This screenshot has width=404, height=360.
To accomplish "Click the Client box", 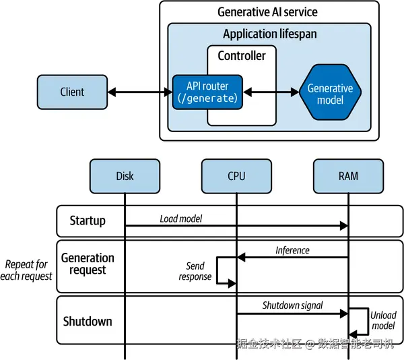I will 73,92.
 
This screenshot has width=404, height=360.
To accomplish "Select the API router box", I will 207,92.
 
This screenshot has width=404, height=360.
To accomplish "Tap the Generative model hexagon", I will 330,94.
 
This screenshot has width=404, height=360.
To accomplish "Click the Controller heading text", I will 242,56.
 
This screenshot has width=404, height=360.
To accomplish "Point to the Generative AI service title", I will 267,12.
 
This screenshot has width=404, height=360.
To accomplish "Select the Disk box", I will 125,176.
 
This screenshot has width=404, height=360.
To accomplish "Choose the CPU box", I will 236,176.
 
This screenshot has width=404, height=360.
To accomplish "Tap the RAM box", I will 349,176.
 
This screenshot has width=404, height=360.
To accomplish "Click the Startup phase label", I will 88,221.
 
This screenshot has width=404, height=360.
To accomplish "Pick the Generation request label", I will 88,264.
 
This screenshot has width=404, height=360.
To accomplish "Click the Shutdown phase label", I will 88,321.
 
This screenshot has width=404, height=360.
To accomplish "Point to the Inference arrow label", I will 292,250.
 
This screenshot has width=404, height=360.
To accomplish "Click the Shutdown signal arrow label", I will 292,305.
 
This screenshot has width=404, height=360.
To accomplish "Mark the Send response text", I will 195,271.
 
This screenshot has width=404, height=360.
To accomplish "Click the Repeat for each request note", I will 28,270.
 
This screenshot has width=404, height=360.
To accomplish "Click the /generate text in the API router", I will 207,98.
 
